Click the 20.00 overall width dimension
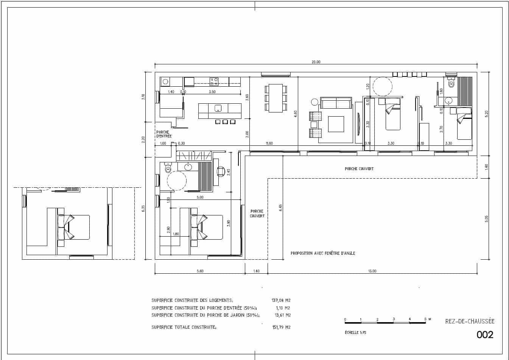tap(316, 62)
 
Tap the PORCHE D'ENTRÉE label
tap(163, 134)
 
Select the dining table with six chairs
tap(276, 98)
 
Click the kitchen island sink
tap(218, 108)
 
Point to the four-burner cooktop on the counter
tap(214, 81)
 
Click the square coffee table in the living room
tap(336, 124)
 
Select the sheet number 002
tap(485, 335)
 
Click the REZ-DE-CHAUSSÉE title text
tap(470, 321)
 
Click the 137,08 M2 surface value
tap(281, 300)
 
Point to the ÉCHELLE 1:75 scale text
tap(355, 333)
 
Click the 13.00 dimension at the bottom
tap(372, 271)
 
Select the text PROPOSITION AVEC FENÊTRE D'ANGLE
tap(323, 253)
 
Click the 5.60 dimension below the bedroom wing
tap(200, 271)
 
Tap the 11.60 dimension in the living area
tap(269, 143)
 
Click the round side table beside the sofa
tap(315, 102)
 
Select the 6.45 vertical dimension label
tap(280, 208)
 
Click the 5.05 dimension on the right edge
tap(487, 218)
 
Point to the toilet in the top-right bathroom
tap(451, 84)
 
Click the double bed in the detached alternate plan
tap(74, 227)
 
